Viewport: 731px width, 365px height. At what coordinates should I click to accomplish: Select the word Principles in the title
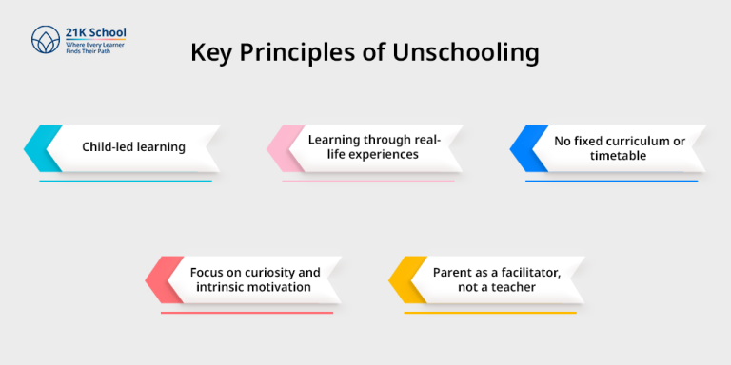[x=302, y=52]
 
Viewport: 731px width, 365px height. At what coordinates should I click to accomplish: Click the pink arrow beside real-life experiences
[x=283, y=147]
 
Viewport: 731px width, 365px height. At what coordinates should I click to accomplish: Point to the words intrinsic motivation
[x=252, y=287]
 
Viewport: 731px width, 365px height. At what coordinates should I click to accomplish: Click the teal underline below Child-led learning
[x=125, y=181]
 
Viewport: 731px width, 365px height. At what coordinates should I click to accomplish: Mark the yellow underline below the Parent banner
[x=490, y=312]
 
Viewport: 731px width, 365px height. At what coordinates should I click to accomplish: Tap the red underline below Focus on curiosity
[x=247, y=312]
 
